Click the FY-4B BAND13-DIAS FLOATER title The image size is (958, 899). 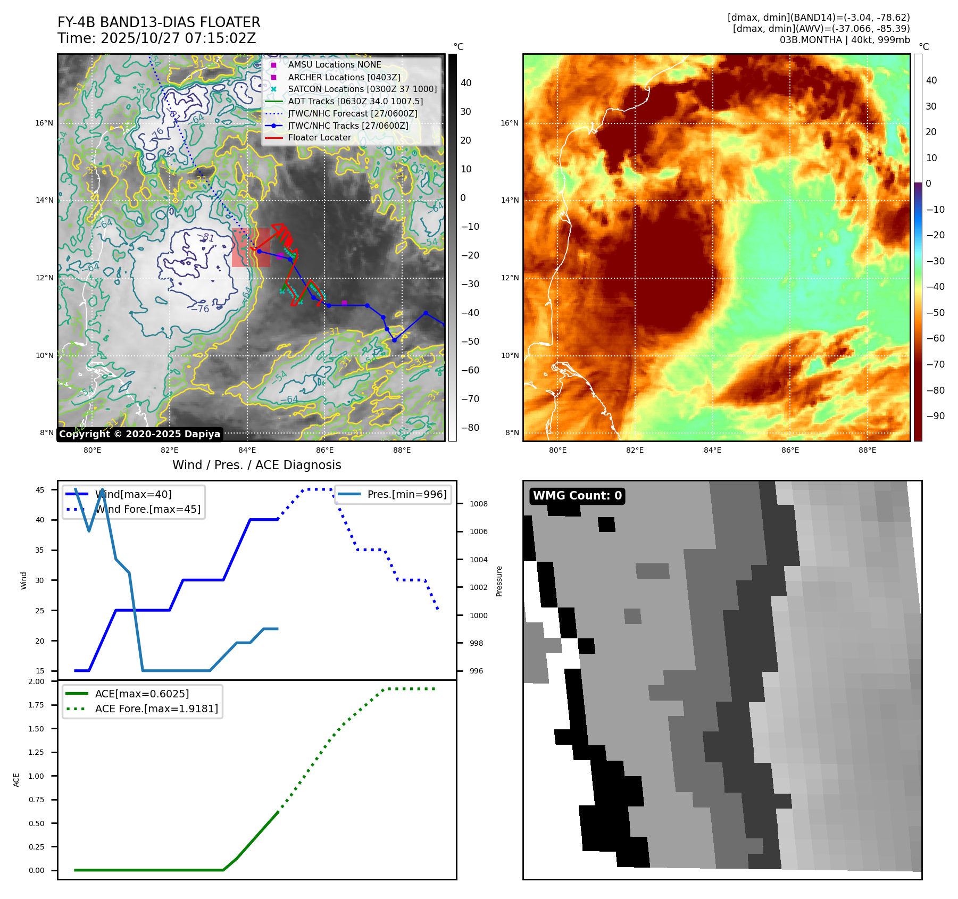[159, 22]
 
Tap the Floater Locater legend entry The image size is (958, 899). [319, 138]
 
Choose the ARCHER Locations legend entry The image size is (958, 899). [344, 77]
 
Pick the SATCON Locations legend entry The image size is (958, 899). [362, 89]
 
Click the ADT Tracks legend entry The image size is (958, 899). [355, 101]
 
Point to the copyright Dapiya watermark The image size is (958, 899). [139, 434]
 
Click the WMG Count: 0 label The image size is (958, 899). [577, 496]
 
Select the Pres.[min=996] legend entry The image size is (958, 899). [407, 494]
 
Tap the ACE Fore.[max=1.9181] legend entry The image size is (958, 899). [156, 709]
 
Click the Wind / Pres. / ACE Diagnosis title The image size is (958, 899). [256, 465]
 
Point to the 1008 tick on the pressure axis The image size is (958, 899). [478, 504]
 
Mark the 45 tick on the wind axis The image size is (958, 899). [40, 490]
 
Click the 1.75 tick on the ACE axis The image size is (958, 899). [36, 705]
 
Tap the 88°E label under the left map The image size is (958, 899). [402, 450]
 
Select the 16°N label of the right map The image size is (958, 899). [509, 123]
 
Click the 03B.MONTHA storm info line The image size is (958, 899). [845, 40]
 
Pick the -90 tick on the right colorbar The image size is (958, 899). [936, 416]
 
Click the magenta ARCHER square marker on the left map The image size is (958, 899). [344, 303]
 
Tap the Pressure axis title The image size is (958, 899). [499, 581]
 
